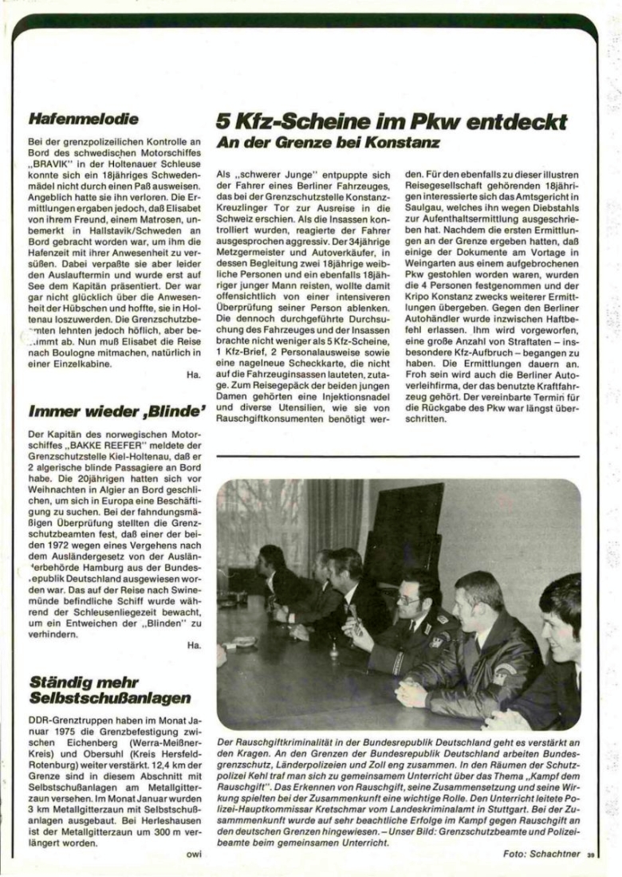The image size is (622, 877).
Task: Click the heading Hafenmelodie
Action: tap(84, 120)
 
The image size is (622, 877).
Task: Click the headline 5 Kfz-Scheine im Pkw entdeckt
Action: tap(392, 121)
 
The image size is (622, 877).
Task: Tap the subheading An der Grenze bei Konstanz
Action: tap(329, 146)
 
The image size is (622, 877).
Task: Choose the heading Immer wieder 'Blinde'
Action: tap(112, 412)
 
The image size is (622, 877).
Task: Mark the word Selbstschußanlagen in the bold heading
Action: tap(109, 698)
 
